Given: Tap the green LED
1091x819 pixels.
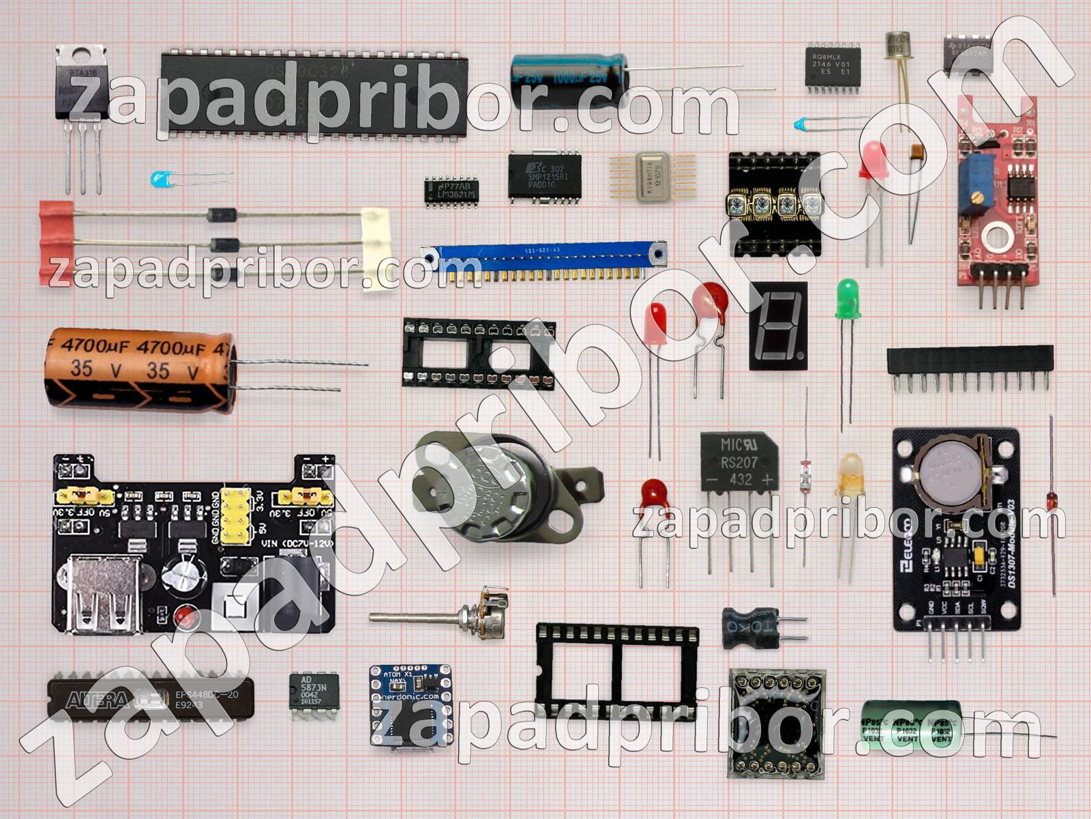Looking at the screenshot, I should coord(848,299).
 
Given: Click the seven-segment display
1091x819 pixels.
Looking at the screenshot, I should coord(778,326).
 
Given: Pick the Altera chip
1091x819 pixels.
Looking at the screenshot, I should coord(151,698).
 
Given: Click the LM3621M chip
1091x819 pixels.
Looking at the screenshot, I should coord(451,190).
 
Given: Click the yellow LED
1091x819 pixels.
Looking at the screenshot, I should coord(850,474).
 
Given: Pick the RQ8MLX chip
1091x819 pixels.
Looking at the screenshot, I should coord(833,66).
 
